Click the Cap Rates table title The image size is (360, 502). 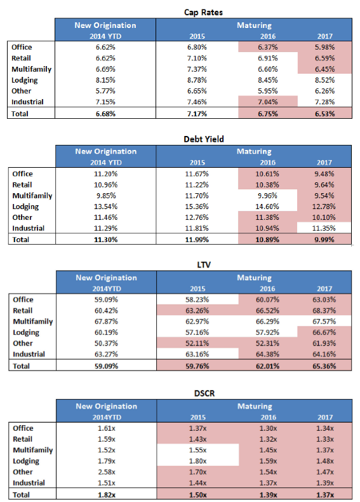[x=203, y=13]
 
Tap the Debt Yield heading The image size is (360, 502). [x=204, y=139]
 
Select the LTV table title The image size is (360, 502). [x=204, y=265]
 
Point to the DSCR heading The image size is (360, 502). [x=204, y=393]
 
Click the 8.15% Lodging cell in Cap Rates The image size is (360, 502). [x=105, y=80]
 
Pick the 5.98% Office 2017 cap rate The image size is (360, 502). [x=324, y=47]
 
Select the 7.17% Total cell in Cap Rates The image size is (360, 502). [x=197, y=114]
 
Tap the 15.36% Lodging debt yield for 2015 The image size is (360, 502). [x=197, y=207]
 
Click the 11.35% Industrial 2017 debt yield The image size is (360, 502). [x=324, y=228]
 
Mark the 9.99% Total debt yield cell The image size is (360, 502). [x=324, y=240]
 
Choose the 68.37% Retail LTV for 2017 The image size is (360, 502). [x=324, y=311]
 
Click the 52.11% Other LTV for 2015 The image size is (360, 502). [x=197, y=343]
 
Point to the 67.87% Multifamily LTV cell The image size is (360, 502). [x=106, y=322]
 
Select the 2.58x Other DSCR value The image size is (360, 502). [x=106, y=472]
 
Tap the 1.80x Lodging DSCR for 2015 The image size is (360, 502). [x=197, y=461]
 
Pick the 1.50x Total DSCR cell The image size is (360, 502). [x=197, y=494]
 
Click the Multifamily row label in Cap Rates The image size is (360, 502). [x=31, y=69]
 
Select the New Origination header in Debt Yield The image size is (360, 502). [x=106, y=151]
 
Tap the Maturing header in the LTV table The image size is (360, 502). [x=254, y=278]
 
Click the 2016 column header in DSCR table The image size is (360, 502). [x=268, y=417]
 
